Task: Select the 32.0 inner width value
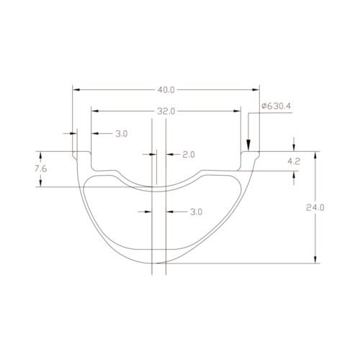(x=166, y=112)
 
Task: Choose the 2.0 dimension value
(x=189, y=155)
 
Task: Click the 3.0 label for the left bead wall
(x=121, y=134)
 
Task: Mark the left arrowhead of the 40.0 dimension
(x=76, y=90)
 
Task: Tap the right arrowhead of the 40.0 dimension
(x=256, y=90)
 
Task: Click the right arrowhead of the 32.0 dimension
(x=238, y=112)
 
